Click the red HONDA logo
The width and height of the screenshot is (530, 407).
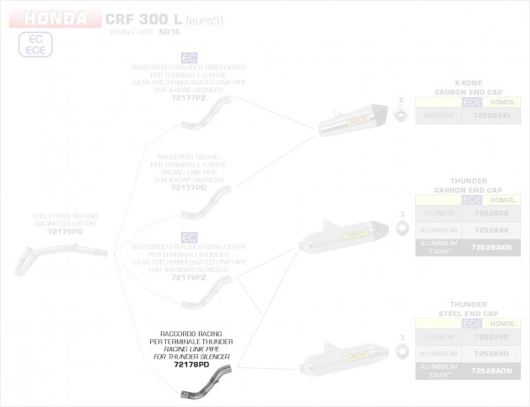(55, 18)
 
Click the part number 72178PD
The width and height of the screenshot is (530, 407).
(191, 365)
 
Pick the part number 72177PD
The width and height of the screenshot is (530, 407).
(188, 188)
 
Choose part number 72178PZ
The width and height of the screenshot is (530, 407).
(188, 275)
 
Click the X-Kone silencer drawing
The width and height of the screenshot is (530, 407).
(354, 120)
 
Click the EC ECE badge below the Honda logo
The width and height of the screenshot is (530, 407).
(36, 45)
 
